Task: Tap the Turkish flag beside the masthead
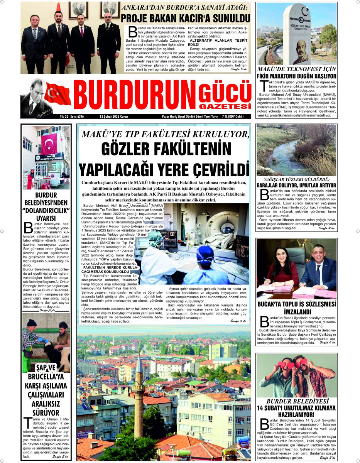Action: [58, 94]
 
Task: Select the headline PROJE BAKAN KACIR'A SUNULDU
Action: [186, 18]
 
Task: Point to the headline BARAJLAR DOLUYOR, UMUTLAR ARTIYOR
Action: [296, 185]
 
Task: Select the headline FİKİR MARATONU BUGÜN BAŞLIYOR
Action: [296, 76]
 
